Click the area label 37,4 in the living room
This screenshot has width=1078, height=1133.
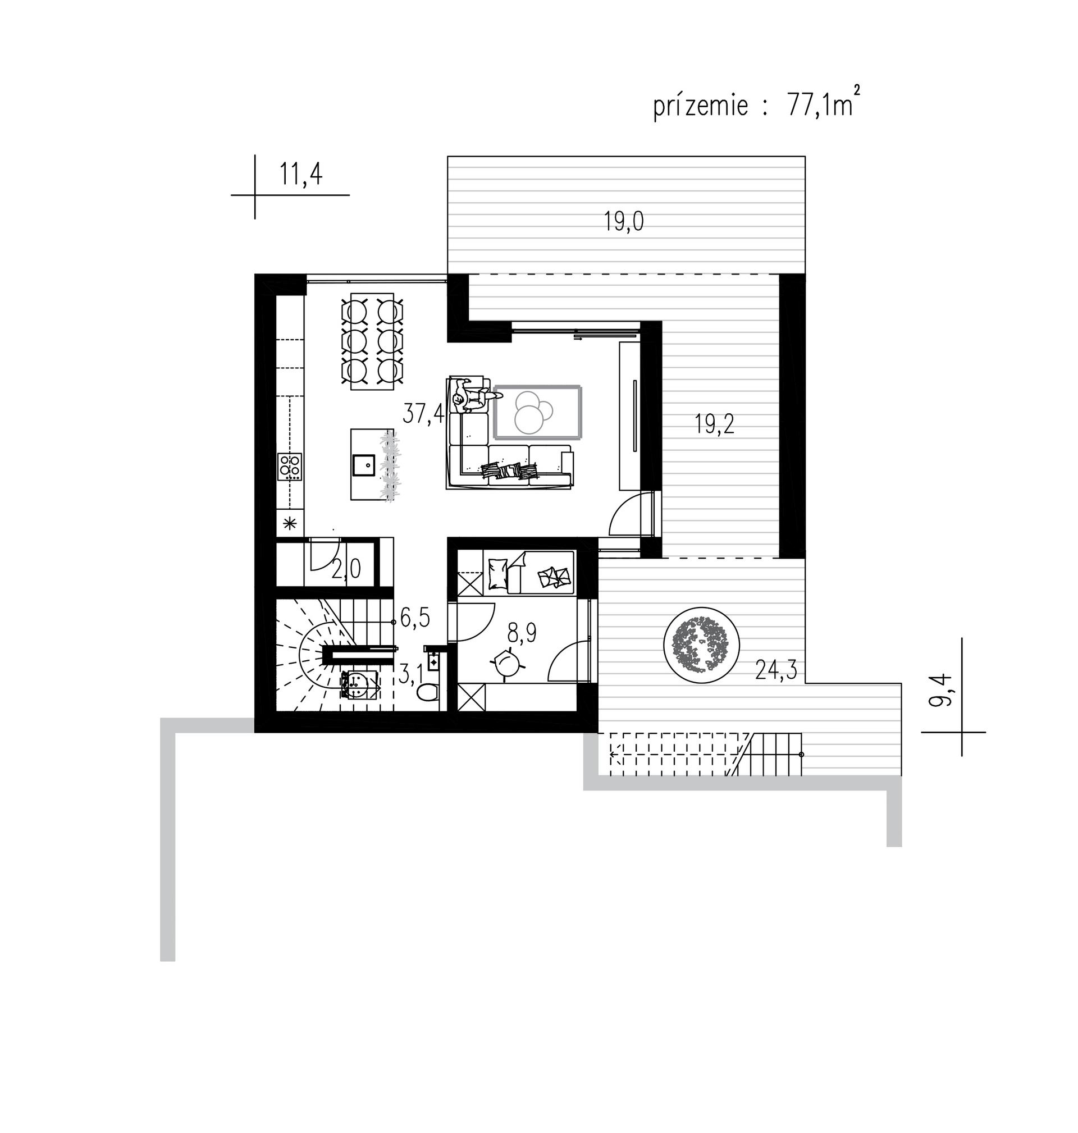423,413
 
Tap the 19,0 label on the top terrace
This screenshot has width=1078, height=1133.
623,221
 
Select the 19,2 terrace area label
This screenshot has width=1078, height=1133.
714,424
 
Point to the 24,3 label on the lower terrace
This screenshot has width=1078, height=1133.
776,670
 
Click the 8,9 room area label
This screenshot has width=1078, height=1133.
522,634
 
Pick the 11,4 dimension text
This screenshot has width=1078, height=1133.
300,174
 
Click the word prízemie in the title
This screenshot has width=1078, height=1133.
701,107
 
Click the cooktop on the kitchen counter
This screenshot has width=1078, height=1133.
290,467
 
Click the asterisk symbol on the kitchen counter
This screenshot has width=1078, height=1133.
290,523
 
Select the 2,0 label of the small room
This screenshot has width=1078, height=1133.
346,569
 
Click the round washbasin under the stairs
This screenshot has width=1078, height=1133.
358,683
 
